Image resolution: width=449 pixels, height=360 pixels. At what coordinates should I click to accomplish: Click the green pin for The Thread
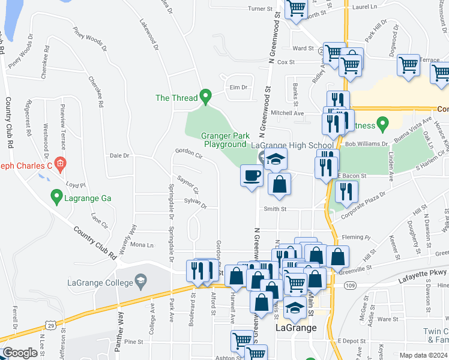coord(206,96)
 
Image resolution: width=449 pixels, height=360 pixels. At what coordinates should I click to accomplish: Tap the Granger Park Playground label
coord(224,140)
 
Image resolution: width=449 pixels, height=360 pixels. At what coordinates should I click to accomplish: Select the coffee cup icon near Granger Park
coord(252,176)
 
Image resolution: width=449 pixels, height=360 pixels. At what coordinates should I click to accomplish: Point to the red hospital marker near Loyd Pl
coord(59,163)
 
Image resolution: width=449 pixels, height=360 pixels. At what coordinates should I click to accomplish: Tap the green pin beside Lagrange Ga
coord(56,196)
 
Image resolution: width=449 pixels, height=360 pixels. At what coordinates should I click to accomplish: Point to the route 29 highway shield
coord(52,325)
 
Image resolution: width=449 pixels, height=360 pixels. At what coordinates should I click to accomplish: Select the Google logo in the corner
coord(20,353)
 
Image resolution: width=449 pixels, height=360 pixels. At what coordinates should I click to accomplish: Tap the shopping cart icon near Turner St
coord(296,8)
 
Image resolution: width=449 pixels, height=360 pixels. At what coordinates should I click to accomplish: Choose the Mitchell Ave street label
coord(287,113)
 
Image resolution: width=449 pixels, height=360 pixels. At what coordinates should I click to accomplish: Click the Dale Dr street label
coord(119,155)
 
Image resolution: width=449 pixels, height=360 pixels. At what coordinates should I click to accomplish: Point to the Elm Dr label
coord(238,88)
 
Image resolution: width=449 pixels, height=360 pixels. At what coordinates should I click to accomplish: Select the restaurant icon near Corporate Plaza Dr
coord(346,191)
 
